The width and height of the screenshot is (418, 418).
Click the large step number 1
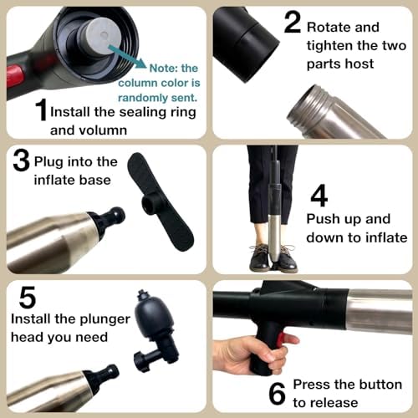(41, 110)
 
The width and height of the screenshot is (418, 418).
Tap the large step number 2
(293, 22)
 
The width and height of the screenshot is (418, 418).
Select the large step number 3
(21, 161)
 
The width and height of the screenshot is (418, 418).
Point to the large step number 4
(319, 196)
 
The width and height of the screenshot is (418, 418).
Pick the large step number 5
(28, 297)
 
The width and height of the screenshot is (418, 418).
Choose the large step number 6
(277, 393)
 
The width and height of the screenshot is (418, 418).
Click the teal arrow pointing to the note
(126, 56)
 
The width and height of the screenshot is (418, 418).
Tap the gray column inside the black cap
(102, 35)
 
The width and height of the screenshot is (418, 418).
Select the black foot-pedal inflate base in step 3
(161, 201)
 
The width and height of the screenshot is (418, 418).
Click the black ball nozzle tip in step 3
(116, 215)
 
